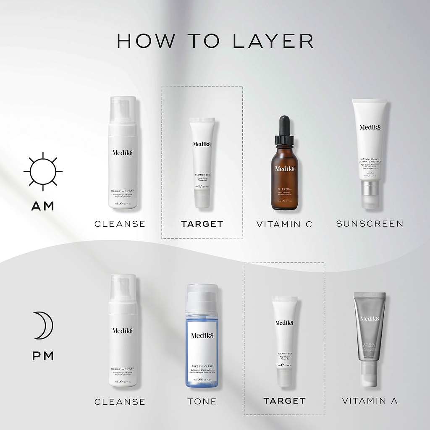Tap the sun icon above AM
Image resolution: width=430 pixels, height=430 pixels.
[x=43, y=171]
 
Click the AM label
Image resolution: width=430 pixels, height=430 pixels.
[x=43, y=206]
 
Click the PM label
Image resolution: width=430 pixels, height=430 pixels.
[x=43, y=356]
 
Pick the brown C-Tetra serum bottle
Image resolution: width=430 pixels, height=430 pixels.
[x=286, y=176]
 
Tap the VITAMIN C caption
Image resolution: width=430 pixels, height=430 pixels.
[x=284, y=224]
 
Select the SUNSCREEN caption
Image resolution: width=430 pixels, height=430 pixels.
[x=370, y=224]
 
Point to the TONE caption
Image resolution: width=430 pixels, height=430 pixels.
[x=202, y=401]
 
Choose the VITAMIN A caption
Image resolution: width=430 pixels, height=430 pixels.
[x=370, y=401]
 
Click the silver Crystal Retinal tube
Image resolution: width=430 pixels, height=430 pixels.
[x=369, y=332]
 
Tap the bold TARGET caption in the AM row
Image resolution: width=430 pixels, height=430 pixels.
[x=202, y=224]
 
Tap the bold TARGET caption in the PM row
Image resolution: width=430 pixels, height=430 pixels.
[x=284, y=401]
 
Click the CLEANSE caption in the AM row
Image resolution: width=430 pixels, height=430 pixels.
[x=120, y=224]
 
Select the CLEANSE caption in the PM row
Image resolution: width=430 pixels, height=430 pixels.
[x=120, y=402]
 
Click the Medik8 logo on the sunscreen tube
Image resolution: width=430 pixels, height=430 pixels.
[x=370, y=127]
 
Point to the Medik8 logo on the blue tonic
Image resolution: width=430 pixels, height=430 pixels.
[x=202, y=335]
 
